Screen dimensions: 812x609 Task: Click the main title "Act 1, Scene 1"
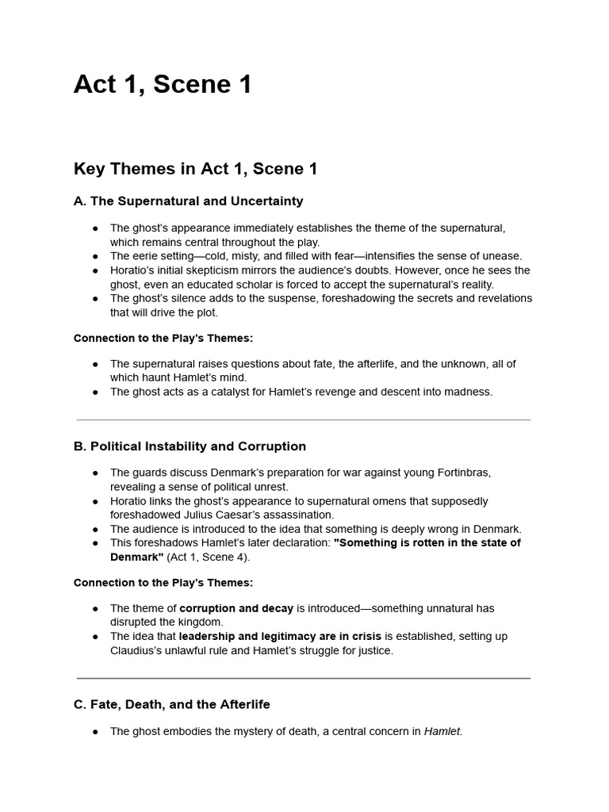(163, 84)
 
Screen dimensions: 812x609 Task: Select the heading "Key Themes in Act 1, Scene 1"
(195, 169)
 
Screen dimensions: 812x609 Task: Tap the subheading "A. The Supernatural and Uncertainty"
(188, 201)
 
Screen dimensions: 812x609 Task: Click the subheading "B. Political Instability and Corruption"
(190, 446)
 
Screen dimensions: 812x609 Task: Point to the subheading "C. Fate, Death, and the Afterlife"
(171, 704)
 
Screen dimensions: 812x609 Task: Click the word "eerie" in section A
(144, 256)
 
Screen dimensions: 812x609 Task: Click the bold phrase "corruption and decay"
(236, 608)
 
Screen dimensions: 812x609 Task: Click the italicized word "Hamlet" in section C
(442, 732)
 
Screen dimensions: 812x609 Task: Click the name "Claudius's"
(136, 651)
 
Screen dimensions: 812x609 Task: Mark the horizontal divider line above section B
(304, 419)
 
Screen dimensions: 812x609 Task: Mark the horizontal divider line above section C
(304, 678)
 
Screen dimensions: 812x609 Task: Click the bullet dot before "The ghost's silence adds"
(95, 299)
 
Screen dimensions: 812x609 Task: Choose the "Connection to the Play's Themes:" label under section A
(163, 338)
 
